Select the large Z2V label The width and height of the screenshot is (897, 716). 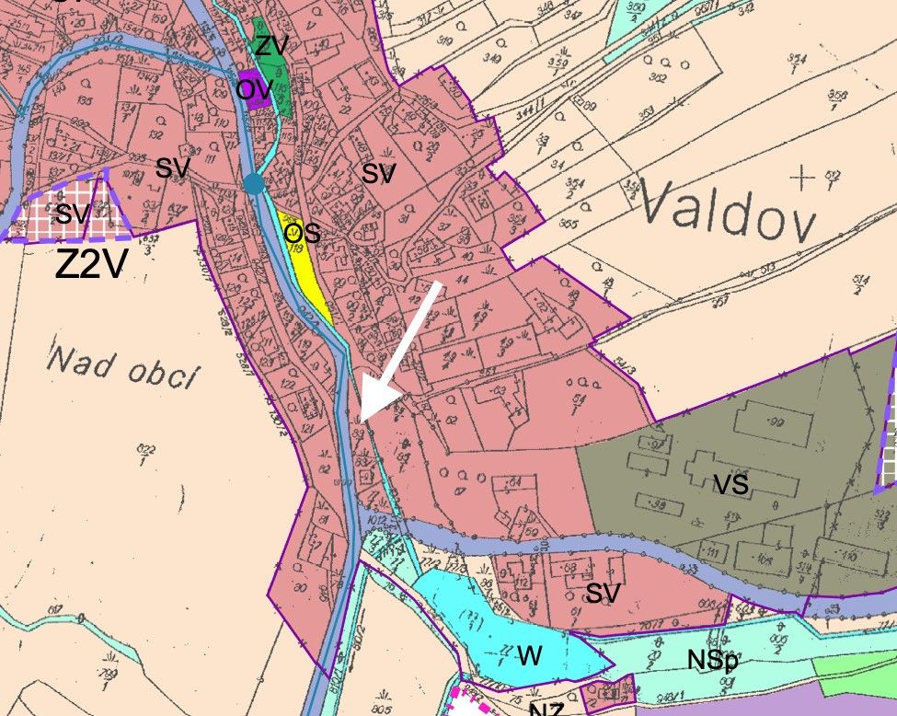[90, 264]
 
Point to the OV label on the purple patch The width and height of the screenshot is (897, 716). [254, 90]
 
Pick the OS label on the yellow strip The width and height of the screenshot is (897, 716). [302, 233]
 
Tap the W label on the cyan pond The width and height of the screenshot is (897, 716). [528, 656]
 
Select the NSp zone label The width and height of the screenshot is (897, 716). [712, 660]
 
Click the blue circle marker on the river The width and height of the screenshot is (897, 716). [254, 184]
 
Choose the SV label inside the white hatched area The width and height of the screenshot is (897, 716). [73, 215]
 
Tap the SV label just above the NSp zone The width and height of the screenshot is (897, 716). [604, 595]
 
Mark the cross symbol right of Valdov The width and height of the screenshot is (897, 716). [807, 178]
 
